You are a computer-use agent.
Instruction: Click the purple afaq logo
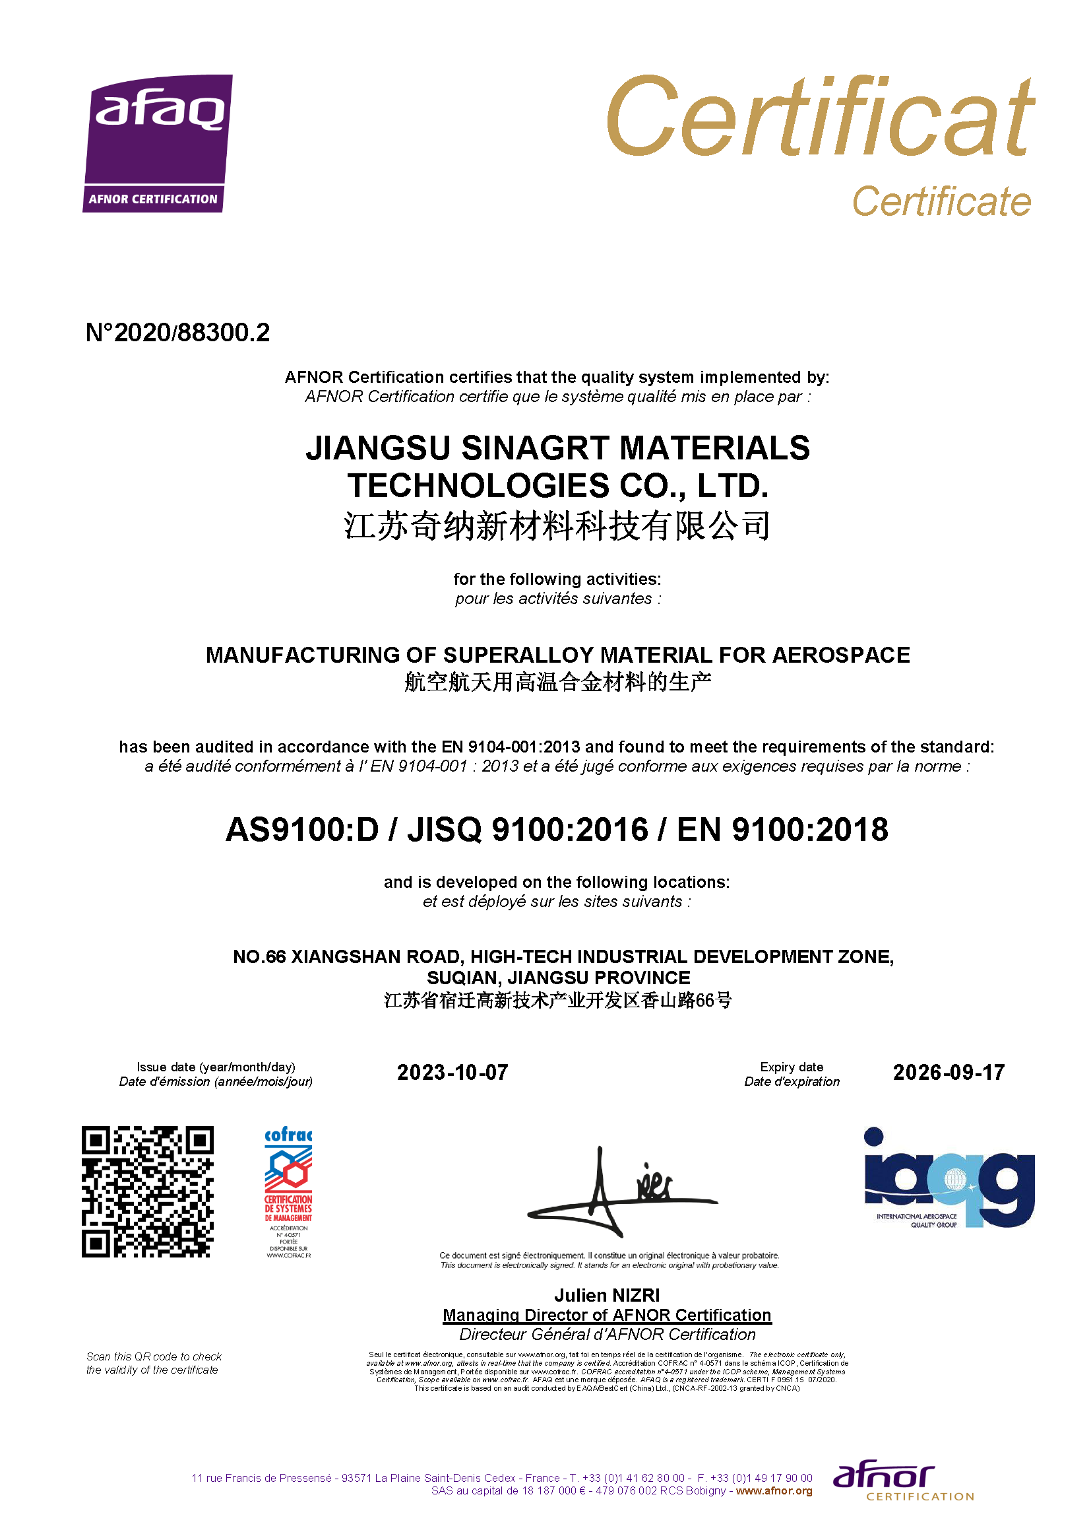point(157,143)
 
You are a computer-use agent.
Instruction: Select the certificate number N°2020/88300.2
point(177,333)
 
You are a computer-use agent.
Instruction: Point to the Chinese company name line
point(557,525)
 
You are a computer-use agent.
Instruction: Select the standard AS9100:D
point(302,830)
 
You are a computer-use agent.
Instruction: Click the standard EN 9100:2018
point(782,830)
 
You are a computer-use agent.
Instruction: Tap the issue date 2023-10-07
point(452,1072)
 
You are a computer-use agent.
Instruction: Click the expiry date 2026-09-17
point(948,1072)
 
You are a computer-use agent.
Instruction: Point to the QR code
point(148,1191)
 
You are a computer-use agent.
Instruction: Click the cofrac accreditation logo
point(288,1191)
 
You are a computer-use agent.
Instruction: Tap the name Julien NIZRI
point(607,1295)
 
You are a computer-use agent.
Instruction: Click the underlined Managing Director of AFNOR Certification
point(607,1315)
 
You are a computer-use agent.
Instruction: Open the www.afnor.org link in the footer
point(774,1491)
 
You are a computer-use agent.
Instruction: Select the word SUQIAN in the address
point(463,978)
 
